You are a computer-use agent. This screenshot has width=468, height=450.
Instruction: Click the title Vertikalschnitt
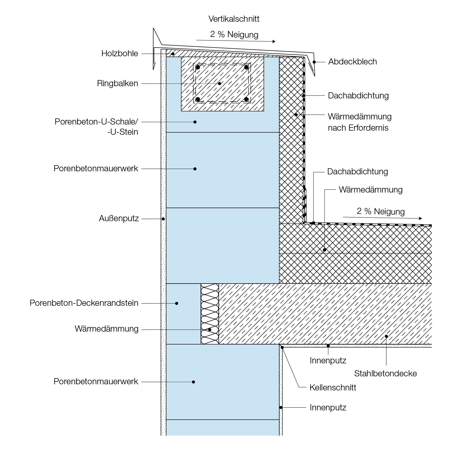(x=234, y=19)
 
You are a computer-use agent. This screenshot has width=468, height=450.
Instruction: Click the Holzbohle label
(x=120, y=53)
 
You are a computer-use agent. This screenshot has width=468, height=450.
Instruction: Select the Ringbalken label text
(x=118, y=83)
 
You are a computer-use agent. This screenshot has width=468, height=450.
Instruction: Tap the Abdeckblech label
(x=353, y=62)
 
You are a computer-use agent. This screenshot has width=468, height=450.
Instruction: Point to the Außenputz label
(x=119, y=219)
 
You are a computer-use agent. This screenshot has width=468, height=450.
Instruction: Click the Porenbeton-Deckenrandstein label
(x=84, y=303)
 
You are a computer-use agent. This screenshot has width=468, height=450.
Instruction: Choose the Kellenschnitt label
(x=333, y=387)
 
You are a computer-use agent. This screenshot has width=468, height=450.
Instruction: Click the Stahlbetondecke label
(x=385, y=373)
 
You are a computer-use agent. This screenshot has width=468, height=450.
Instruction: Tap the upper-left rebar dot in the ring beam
(x=198, y=67)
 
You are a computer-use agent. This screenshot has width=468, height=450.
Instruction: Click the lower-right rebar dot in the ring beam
(x=246, y=99)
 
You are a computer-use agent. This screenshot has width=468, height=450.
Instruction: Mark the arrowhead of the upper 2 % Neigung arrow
(x=274, y=41)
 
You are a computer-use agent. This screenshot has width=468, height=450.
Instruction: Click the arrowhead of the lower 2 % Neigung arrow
(x=420, y=218)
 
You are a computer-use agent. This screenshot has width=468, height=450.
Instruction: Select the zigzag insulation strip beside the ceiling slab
(x=210, y=314)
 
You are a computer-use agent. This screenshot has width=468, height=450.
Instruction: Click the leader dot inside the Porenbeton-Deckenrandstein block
(x=177, y=303)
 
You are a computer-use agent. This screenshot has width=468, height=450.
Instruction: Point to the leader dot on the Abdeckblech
(x=314, y=62)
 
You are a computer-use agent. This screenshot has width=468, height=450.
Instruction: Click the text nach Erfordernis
(x=358, y=128)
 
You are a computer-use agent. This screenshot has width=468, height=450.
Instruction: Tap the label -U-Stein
(x=123, y=132)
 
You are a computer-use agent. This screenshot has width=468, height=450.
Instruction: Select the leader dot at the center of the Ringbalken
(x=219, y=84)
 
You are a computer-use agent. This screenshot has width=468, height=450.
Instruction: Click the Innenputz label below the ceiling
(x=328, y=361)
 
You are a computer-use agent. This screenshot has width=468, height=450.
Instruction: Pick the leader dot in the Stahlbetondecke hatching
(x=386, y=336)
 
